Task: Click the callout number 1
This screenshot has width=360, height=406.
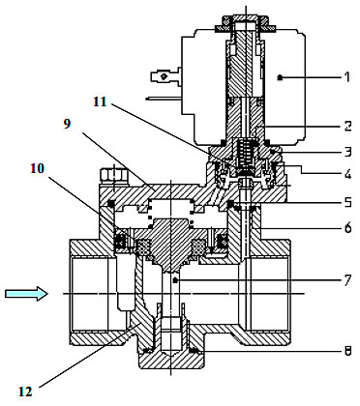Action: click(x=346, y=77)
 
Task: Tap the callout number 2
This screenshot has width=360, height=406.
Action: click(x=347, y=126)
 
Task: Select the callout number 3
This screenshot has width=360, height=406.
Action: click(x=347, y=151)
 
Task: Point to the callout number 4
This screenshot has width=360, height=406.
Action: click(x=347, y=176)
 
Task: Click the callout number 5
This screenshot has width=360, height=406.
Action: click(x=347, y=203)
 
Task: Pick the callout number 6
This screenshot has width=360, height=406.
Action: click(x=347, y=228)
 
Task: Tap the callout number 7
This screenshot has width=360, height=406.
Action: click(x=347, y=280)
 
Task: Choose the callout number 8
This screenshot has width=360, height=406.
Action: click(x=347, y=351)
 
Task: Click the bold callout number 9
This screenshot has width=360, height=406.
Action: click(x=67, y=124)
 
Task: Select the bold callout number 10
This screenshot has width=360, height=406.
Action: click(x=37, y=168)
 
